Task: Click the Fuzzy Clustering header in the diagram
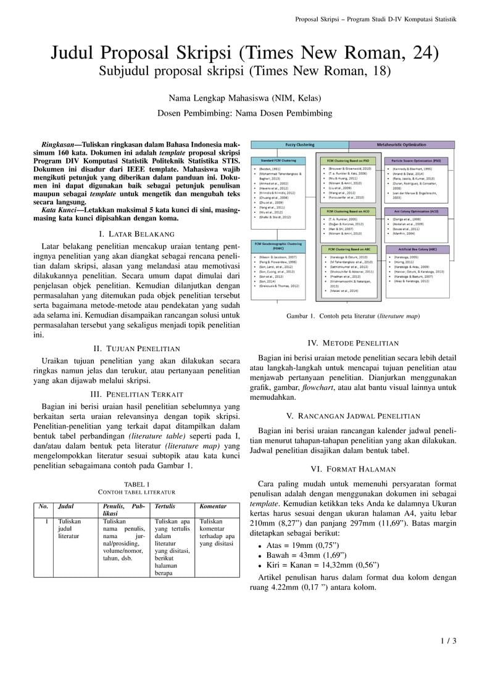[299, 144]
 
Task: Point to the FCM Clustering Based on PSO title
[349, 160]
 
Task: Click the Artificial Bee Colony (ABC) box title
[420, 249]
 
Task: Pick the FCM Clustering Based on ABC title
[349, 249]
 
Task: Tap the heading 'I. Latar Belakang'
[136, 234]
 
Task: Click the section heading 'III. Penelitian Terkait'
[136, 394]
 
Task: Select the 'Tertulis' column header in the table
[165, 507]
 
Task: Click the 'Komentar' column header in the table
[213, 507]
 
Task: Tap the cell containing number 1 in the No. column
[47, 521]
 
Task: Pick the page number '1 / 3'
[448, 641]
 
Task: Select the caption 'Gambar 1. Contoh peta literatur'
[352, 317]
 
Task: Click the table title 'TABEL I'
[136, 484]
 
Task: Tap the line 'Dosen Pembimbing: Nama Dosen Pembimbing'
[244, 113]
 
